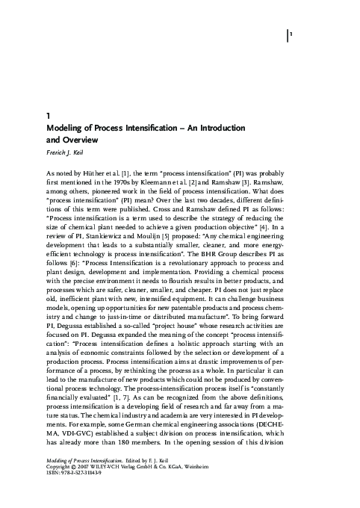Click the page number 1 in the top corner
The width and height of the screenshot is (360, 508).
(x=291, y=35)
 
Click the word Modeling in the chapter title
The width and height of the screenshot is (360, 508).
(x=66, y=128)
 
